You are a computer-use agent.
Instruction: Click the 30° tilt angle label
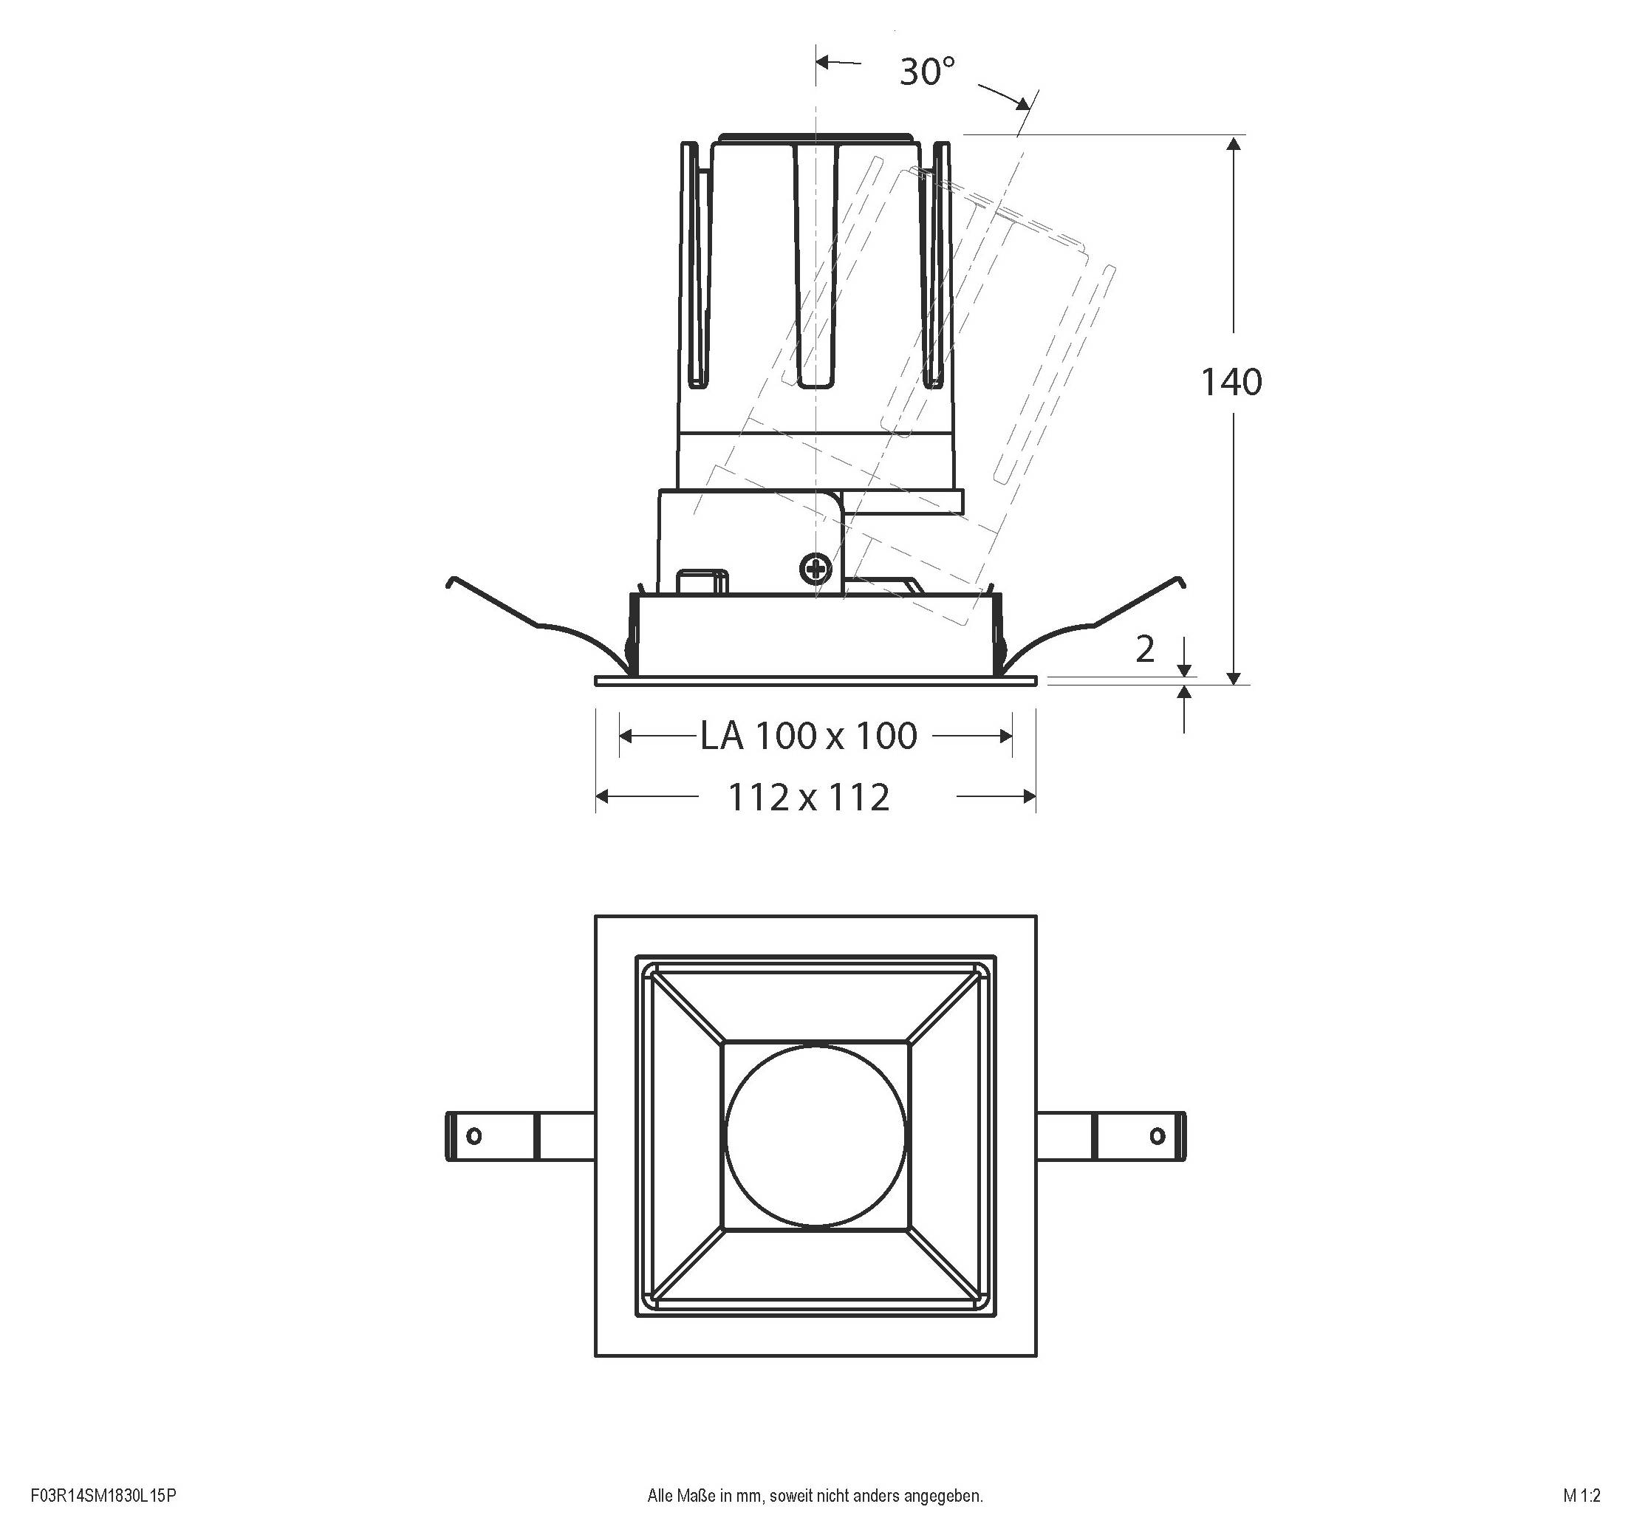pos(927,72)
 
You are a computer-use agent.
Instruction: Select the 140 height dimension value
pos(1231,383)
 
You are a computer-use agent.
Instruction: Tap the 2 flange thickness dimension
pos(1144,650)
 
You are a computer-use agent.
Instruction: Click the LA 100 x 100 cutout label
pos(808,736)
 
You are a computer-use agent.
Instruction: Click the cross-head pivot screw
pos(815,569)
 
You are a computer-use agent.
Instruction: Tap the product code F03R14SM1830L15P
pos(103,1495)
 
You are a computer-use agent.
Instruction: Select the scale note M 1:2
pos(1581,1495)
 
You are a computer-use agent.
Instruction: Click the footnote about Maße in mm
pos(815,1495)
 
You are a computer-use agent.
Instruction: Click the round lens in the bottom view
pos(815,1135)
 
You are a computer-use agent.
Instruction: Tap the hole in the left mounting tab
pos(473,1136)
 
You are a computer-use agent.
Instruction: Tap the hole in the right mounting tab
pos(1157,1136)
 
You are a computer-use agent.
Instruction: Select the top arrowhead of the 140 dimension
pos(1233,144)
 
